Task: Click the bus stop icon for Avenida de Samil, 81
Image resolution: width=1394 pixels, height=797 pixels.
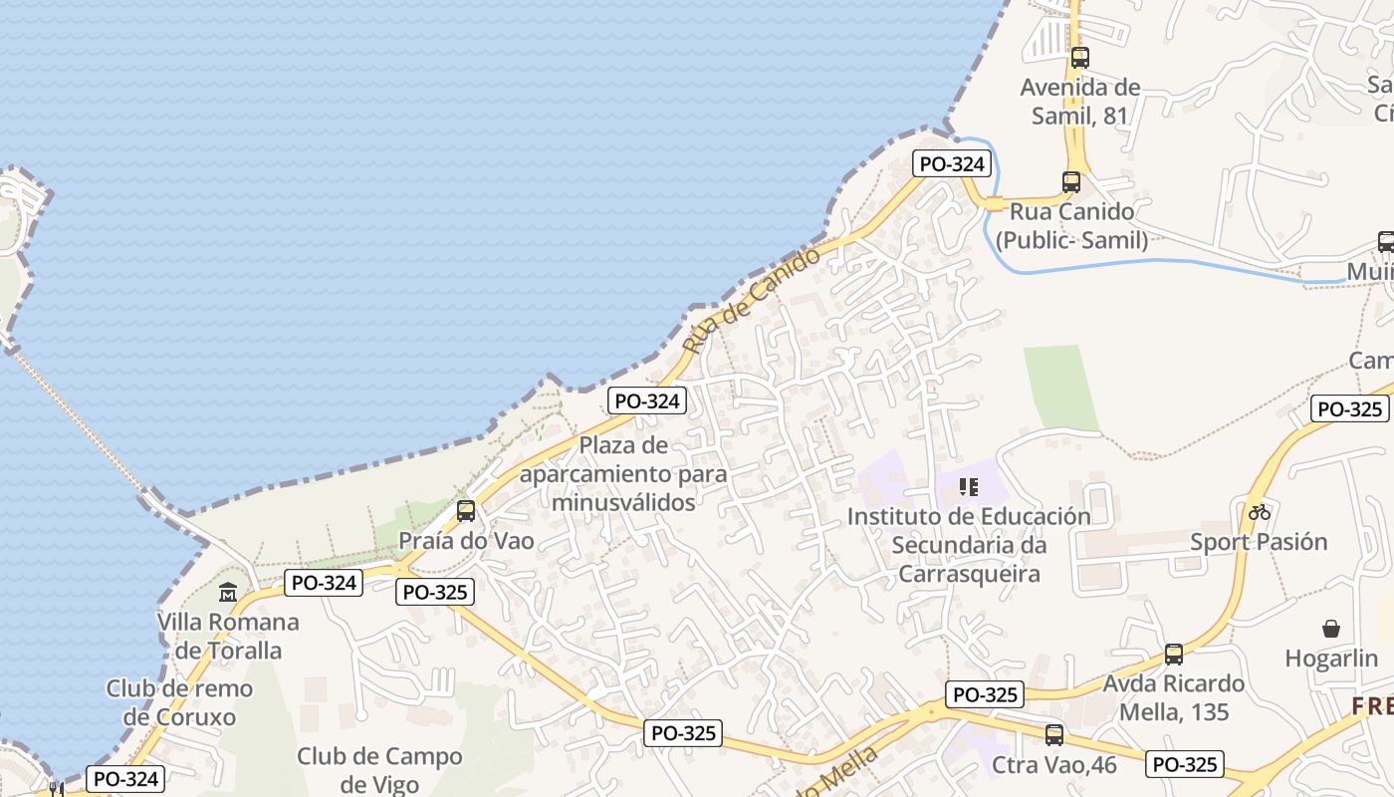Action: [1080, 58]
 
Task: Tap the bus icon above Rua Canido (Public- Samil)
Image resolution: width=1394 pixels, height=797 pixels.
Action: [1071, 182]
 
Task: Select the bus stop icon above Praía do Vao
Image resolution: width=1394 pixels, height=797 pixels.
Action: [466, 511]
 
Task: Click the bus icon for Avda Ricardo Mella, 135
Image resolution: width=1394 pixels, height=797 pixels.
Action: [1174, 655]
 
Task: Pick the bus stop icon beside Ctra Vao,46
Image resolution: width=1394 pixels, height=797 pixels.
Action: [1054, 735]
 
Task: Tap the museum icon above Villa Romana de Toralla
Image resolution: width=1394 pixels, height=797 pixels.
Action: [228, 592]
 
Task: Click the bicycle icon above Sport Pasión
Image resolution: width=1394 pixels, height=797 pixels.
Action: [1260, 512]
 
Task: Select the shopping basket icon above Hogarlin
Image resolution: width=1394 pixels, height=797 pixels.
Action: [1331, 628]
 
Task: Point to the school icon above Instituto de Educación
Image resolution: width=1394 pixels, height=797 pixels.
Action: [969, 487]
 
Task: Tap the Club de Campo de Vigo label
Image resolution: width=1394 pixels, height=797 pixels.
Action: [379, 770]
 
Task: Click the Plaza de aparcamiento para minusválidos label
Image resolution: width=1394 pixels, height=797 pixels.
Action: [623, 473]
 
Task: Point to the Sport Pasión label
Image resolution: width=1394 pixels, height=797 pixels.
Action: [1260, 542]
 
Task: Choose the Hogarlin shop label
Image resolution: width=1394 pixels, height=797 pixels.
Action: [1331, 659]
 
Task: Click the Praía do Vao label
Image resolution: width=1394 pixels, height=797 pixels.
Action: [466, 541]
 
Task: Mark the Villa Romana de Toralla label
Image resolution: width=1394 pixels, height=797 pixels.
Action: [228, 636]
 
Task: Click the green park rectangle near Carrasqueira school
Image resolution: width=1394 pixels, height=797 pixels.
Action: [1060, 388]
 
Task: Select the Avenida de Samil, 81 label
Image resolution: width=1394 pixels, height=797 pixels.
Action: [1080, 102]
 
